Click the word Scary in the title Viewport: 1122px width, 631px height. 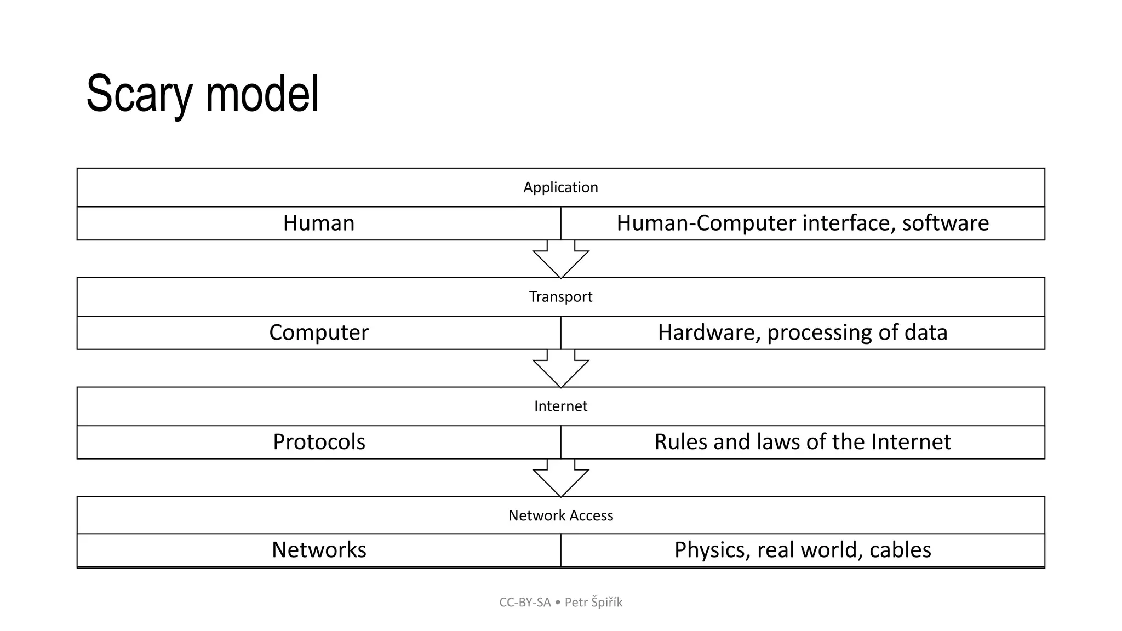coord(139,94)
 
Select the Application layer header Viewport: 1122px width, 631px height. coord(560,187)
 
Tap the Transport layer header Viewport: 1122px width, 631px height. coord(560,297)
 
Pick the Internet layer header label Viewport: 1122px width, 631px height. coord(560,406)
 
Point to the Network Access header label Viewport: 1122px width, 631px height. coord(560,515)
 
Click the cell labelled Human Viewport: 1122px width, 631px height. coord(319,223)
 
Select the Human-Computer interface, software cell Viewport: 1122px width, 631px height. coord(803,223)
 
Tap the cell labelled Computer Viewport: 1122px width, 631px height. coord(319,333)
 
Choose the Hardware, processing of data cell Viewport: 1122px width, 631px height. coord(803,333)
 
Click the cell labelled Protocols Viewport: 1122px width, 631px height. coord(319,442)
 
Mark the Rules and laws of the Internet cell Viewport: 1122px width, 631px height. coord(803,442)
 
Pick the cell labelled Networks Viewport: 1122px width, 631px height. coord(319,550)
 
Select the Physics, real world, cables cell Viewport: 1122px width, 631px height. coord(803,550)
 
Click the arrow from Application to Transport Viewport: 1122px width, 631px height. coord(560,260)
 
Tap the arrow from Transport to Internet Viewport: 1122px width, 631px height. coord(560,369)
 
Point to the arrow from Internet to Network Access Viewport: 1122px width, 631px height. coord(560,479)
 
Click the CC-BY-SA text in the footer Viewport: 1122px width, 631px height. coord(525,603)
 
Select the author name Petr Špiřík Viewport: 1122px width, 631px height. coord(594,603)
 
